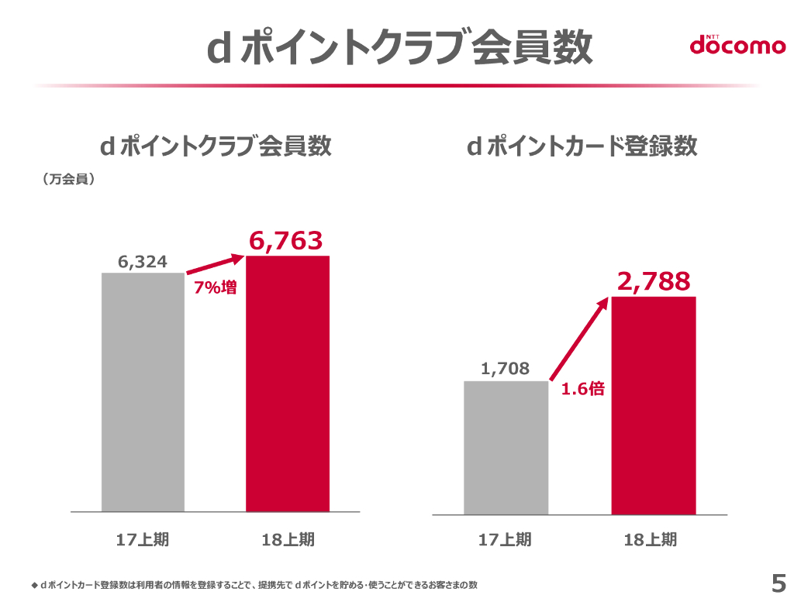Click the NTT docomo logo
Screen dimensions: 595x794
pyautogui.click(x=737, y=45)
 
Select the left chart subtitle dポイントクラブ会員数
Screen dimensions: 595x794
pyautogui.click(x=216, y=146)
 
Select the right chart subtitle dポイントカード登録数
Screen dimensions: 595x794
pyautogui.click(x=582, y=146)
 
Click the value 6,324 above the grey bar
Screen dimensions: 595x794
pyautogui.click(x=143, y=262)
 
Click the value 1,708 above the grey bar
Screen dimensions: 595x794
pyautogui.click(x=506, y=370)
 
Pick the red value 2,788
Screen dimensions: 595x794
pyautogui.click(x=653, y=282)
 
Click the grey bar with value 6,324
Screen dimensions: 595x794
pyautogui.click(x=143, y=392)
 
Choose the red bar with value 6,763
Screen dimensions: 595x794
pyautogui.click(x=288, y=383)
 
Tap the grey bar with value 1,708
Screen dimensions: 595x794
pyautogui.click(x=506, y=447)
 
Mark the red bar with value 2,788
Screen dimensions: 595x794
pyautogui.click(x=653, y=405)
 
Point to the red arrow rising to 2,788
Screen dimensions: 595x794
pyautogui.click(x=580, y=338)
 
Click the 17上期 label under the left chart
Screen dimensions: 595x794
pyautogui.click(x=143, y=540)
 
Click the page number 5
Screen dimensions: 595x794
pyautogui.click(x=778, y=581)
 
